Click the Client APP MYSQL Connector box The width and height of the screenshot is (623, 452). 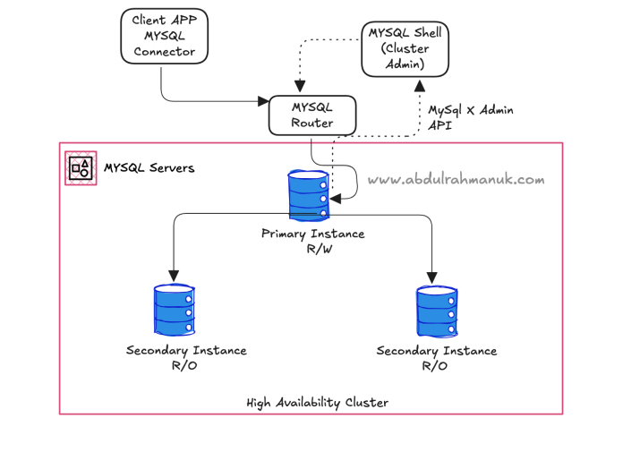point(165,36)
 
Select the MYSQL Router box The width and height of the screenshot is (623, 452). point(312,115)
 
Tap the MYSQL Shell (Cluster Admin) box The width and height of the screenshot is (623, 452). point(405,49)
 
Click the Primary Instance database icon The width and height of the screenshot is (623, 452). point(309,194)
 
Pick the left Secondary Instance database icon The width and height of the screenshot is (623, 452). point(174,310)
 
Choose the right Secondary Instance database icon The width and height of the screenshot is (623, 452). point(437,311)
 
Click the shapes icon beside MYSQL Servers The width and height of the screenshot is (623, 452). point(81,168)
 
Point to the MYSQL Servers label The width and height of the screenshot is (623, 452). point(149,168)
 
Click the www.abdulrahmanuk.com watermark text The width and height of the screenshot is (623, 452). point(456,180)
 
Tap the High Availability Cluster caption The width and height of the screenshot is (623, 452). point(317,403)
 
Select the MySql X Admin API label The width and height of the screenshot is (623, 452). point(471,117)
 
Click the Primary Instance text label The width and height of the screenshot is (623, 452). point(312,234)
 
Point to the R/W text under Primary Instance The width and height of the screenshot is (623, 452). point(319,249)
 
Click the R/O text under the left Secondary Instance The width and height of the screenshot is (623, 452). point(184,365)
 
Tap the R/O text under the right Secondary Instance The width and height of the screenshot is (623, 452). point(434,366)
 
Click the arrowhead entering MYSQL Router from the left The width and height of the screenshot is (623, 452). point(263,101)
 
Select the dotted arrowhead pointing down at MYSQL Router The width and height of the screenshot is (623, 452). point(300,86)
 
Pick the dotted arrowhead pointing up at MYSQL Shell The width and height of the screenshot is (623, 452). point(420,86)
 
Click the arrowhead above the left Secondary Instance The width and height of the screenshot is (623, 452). point(174,276)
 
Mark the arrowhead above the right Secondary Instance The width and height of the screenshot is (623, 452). point(431,277)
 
